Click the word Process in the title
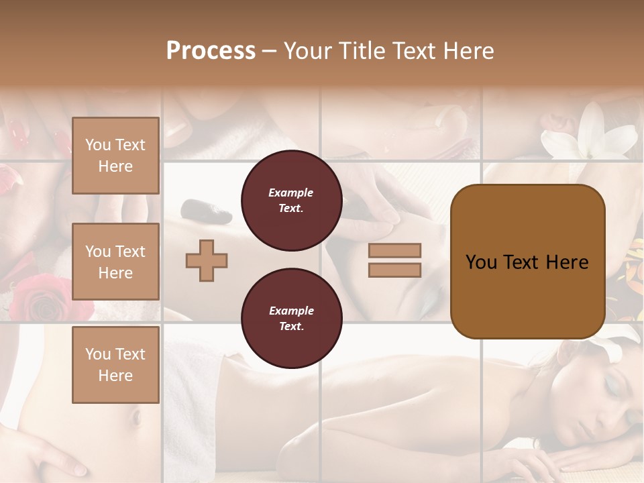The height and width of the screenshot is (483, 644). [x=211, y=51]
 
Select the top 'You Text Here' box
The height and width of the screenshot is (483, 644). [x=115, y=156]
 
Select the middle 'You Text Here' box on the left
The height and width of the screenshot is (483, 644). [x=115, y=262]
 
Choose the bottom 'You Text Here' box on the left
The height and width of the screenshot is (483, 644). [x=115, y=364]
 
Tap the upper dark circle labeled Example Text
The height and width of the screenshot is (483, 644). [x=291, y=201]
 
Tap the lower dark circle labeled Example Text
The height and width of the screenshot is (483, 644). [x=291, y=319]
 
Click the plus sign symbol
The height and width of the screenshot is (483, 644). [x=207, y=260]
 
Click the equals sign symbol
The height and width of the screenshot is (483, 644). [x=394, y=260]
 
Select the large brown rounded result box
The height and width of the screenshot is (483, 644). [x=527, y=262]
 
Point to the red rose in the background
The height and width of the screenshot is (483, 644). [x=51, y=299]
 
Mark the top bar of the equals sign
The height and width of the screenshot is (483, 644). [x=394, y=251]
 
